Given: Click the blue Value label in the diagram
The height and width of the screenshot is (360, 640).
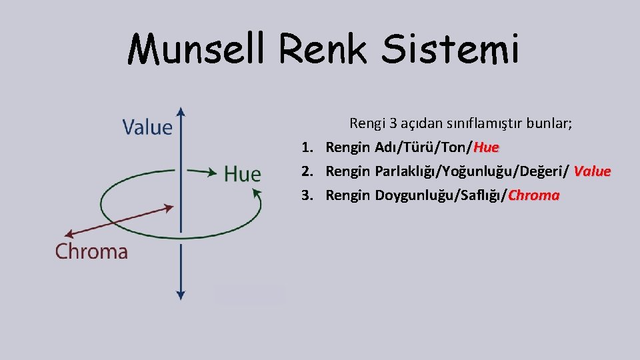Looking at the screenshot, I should point(147,127).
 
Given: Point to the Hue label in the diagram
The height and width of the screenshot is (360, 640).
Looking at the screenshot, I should point(242,175).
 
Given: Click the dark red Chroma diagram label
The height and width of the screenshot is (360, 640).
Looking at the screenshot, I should point(91,251).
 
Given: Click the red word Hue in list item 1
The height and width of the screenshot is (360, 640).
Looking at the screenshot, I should point(486,147).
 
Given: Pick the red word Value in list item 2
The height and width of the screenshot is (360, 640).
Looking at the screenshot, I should point(592,171).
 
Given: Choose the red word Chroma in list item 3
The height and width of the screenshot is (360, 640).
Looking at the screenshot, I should point(533,195).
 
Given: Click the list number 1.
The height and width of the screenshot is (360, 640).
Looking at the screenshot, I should point(306,147).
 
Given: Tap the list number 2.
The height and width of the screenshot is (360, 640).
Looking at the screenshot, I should point(306,171).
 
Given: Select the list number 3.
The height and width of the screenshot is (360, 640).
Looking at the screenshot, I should point(306,195).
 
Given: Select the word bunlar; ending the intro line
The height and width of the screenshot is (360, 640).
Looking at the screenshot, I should point(550,123).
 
